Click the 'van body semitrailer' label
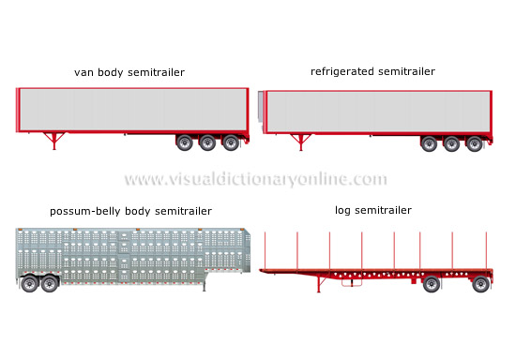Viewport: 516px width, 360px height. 129,71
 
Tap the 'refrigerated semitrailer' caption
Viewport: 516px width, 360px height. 372,71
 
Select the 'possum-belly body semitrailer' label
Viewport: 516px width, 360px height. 130,211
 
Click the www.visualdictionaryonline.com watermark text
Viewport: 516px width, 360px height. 255,179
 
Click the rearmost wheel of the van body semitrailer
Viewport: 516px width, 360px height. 230,143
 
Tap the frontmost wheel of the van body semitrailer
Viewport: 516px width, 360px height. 185,143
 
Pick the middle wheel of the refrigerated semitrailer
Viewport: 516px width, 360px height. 452,143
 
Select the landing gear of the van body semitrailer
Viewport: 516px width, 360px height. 53,142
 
